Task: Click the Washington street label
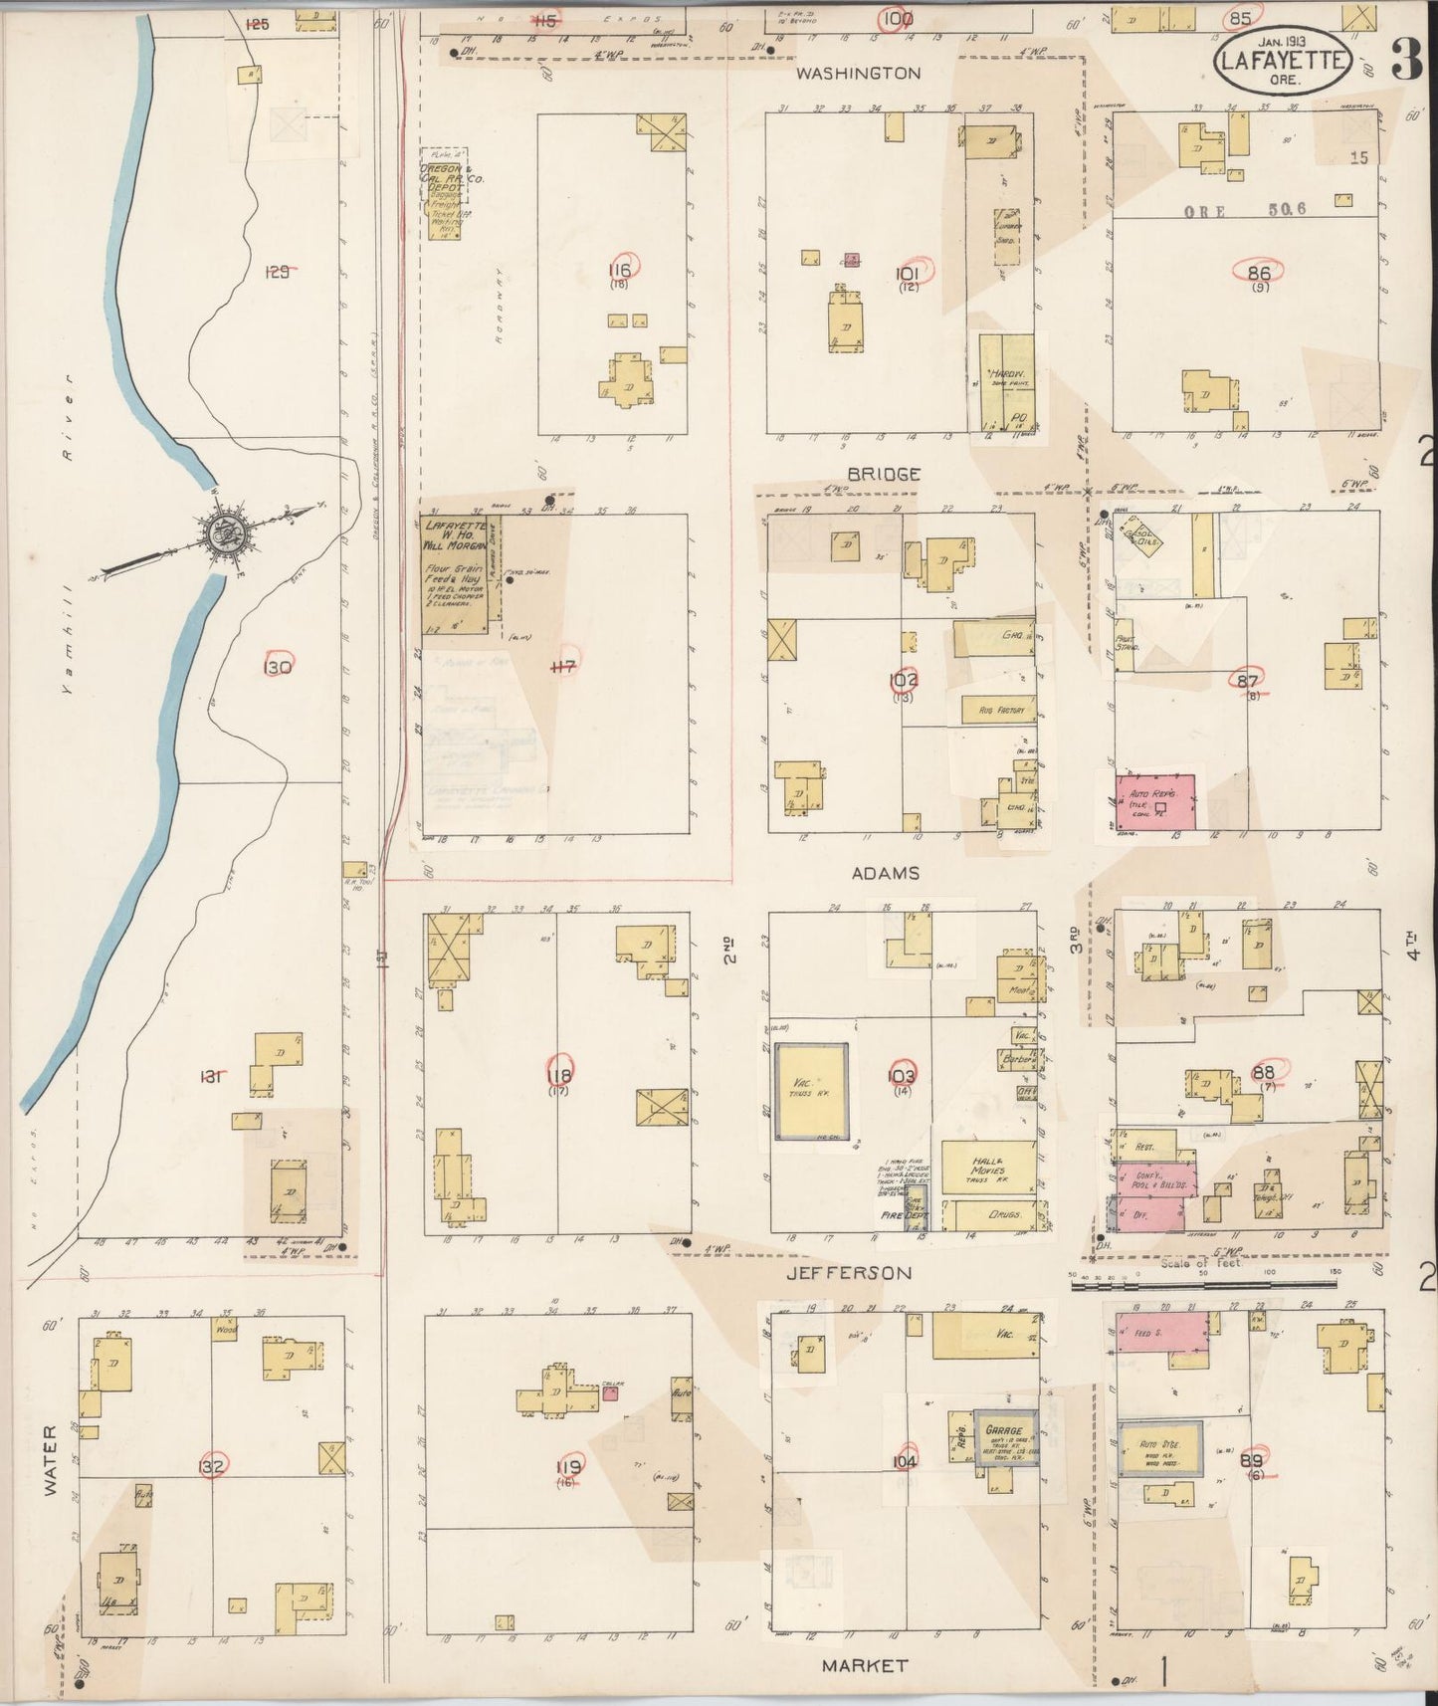point(871,74)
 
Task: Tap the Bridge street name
point(883,475)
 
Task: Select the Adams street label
point(884,873)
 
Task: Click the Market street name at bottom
point(866,1664)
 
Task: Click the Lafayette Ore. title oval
point(1280,62)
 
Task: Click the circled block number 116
point(622,269)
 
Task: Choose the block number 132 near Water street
point(211,1466)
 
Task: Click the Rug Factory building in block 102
point(998,710)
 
